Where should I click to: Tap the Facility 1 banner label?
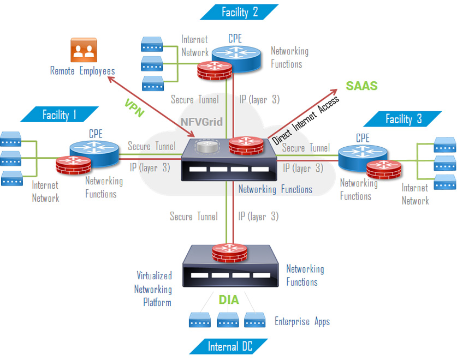(x=60, y=115)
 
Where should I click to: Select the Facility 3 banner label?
(x=403, y=119)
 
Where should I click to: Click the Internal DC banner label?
(x=230, y=346)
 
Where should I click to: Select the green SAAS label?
(x=361, y=86)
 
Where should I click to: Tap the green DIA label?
(x=229, y=299)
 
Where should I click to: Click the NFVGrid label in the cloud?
(x=201, y=122)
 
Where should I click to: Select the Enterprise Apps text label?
(x=302, y=321)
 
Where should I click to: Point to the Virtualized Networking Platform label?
(x=154, y=289)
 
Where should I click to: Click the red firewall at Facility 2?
(x=215, y=70)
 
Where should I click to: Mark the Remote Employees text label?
(x=82, y=71)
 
